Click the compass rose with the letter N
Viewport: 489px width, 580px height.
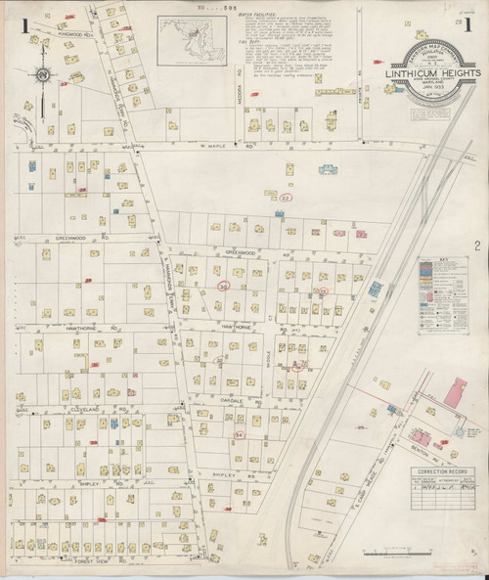[x=45, y=74]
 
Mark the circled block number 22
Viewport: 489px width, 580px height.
[x=285, y=197]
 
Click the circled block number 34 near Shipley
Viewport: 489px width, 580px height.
[x=240, y=430]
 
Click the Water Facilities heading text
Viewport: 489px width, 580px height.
[x=249, y=18]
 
